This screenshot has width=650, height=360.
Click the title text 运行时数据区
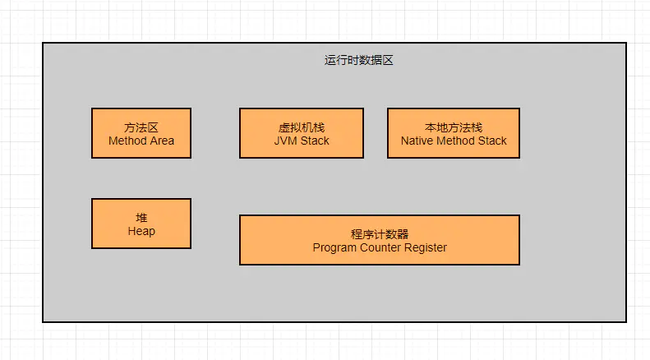[358, 60]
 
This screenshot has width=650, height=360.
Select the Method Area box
[141, 133]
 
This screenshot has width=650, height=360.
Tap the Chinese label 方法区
[141, 127]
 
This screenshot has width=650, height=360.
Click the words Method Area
[141, 141]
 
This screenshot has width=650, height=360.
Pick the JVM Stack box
[302, 133]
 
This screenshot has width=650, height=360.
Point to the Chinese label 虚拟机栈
[302, 127]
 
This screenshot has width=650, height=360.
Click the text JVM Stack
[302, 141]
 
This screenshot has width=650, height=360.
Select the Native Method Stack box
[454, 133]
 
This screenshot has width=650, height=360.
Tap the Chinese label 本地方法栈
[454, 127]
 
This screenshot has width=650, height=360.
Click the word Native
[417, 141]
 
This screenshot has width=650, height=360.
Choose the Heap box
[141, 224]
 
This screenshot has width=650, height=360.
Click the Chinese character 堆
[141, 218]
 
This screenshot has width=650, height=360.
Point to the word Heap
[141, 232]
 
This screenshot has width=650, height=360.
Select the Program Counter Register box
[380, 240]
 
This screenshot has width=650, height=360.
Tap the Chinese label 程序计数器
[380, 234]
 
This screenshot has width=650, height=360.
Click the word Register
[426, 247]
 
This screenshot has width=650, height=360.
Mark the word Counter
[380, 247]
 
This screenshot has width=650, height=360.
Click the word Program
[334, 247]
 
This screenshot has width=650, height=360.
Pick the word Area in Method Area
[162, 141]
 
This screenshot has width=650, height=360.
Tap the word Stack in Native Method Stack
[492, 141]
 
